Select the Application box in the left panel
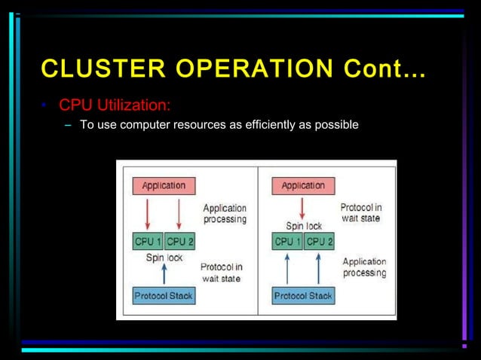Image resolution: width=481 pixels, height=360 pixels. click(164, 185)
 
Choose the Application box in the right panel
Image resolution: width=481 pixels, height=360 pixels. click(303, 185)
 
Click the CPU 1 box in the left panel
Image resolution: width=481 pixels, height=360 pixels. click(148, 242)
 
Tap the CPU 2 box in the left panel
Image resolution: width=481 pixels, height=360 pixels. click(179, 242)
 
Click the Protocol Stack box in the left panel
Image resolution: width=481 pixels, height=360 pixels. click(164, 296)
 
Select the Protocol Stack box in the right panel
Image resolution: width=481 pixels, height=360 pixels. click(303, 296)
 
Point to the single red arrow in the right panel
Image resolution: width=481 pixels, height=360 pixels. click(303, 207)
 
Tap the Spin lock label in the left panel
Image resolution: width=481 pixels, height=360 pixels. click(164, 258)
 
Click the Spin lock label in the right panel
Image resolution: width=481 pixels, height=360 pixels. click(303, 225)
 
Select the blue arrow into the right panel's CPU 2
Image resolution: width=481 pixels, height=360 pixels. click(318, 268)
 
